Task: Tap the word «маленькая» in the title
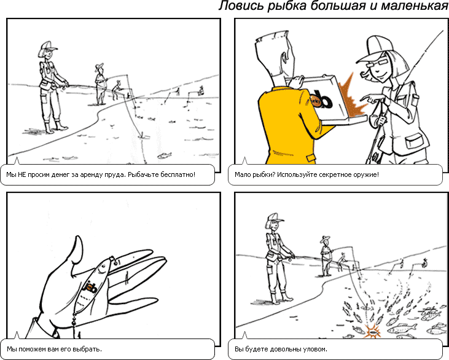(x=415, y=6)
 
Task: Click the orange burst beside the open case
(x=352, y=98)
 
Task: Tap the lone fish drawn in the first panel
(x=164, y=156)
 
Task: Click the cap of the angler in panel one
(x=47, y=47)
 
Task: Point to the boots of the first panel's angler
(x=55, y=127)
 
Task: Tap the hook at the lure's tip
(x=115, y=260)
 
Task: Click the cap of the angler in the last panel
(x=275, y=217)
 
